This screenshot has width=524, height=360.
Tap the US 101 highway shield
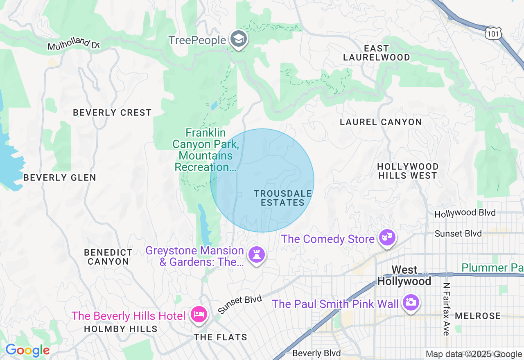[x=493, y=33]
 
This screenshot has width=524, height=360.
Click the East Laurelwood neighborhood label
[x=376, y=53]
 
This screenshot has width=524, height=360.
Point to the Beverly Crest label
[x=112, y=112]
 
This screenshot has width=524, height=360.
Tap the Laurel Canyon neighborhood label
[x=381, y=122]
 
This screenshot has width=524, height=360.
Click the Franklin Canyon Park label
[x=205, y=150]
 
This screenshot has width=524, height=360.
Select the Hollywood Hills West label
[x=408, y=171]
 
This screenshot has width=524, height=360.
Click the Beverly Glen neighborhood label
[x=60, y=178]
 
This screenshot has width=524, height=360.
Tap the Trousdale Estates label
[x=283, y=198]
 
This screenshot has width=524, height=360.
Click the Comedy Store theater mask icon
[x=386, y=237]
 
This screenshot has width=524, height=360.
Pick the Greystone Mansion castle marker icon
[x=257, y=255]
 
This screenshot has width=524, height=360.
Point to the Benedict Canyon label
[x=108, y=257]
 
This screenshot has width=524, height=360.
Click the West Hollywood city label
[x=404, y=276]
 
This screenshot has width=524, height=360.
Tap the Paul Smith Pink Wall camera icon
[x=411, y=303]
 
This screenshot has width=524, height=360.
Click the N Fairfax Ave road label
[x=446, y=309]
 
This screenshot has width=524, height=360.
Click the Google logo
[x=27, y=350]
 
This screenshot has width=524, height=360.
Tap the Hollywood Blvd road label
[x=465, y=213]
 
